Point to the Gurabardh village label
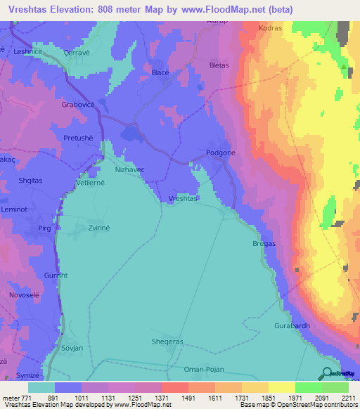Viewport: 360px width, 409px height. tap(293, 327)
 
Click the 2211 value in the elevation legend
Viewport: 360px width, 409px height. tap(349, 397)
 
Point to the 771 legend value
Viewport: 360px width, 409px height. tap(26, 397)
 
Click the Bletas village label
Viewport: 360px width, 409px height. tap(219, 65)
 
